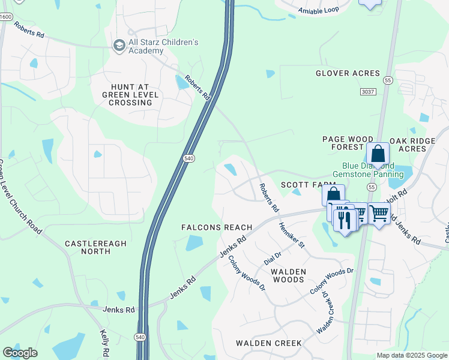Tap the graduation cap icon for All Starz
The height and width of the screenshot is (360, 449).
click(119, 45)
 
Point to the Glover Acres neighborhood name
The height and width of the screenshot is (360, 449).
click(348, 73)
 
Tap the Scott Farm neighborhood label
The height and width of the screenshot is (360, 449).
click(307, 185)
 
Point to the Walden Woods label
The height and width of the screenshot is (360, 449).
click(289, 276)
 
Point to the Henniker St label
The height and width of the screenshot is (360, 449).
click(292, 236)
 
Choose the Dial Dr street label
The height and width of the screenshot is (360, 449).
click(273, 259)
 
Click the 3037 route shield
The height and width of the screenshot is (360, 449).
click(369, 91)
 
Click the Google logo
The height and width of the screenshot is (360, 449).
click(20, 353)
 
